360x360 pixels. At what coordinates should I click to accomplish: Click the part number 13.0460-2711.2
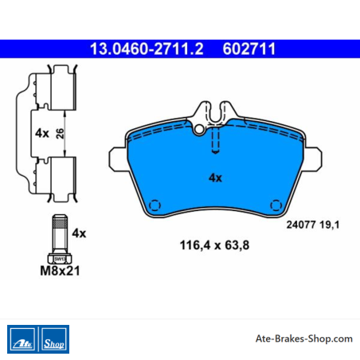(147, 49)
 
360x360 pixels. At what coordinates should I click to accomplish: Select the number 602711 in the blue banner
(249, 49)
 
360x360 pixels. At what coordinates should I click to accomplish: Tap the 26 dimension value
(60, 134)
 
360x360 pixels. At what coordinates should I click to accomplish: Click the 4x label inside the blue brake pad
(215, 178)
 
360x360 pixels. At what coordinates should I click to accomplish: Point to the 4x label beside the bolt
(79, 233)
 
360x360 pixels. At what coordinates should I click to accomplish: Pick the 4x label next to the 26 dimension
(42, 133)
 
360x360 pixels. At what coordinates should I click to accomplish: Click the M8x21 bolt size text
(60, 271)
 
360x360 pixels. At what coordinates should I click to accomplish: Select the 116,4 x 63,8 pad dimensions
(214, 245)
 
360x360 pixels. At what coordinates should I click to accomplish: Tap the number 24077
(301, 225)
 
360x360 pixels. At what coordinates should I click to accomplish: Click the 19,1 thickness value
(329, 225)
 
